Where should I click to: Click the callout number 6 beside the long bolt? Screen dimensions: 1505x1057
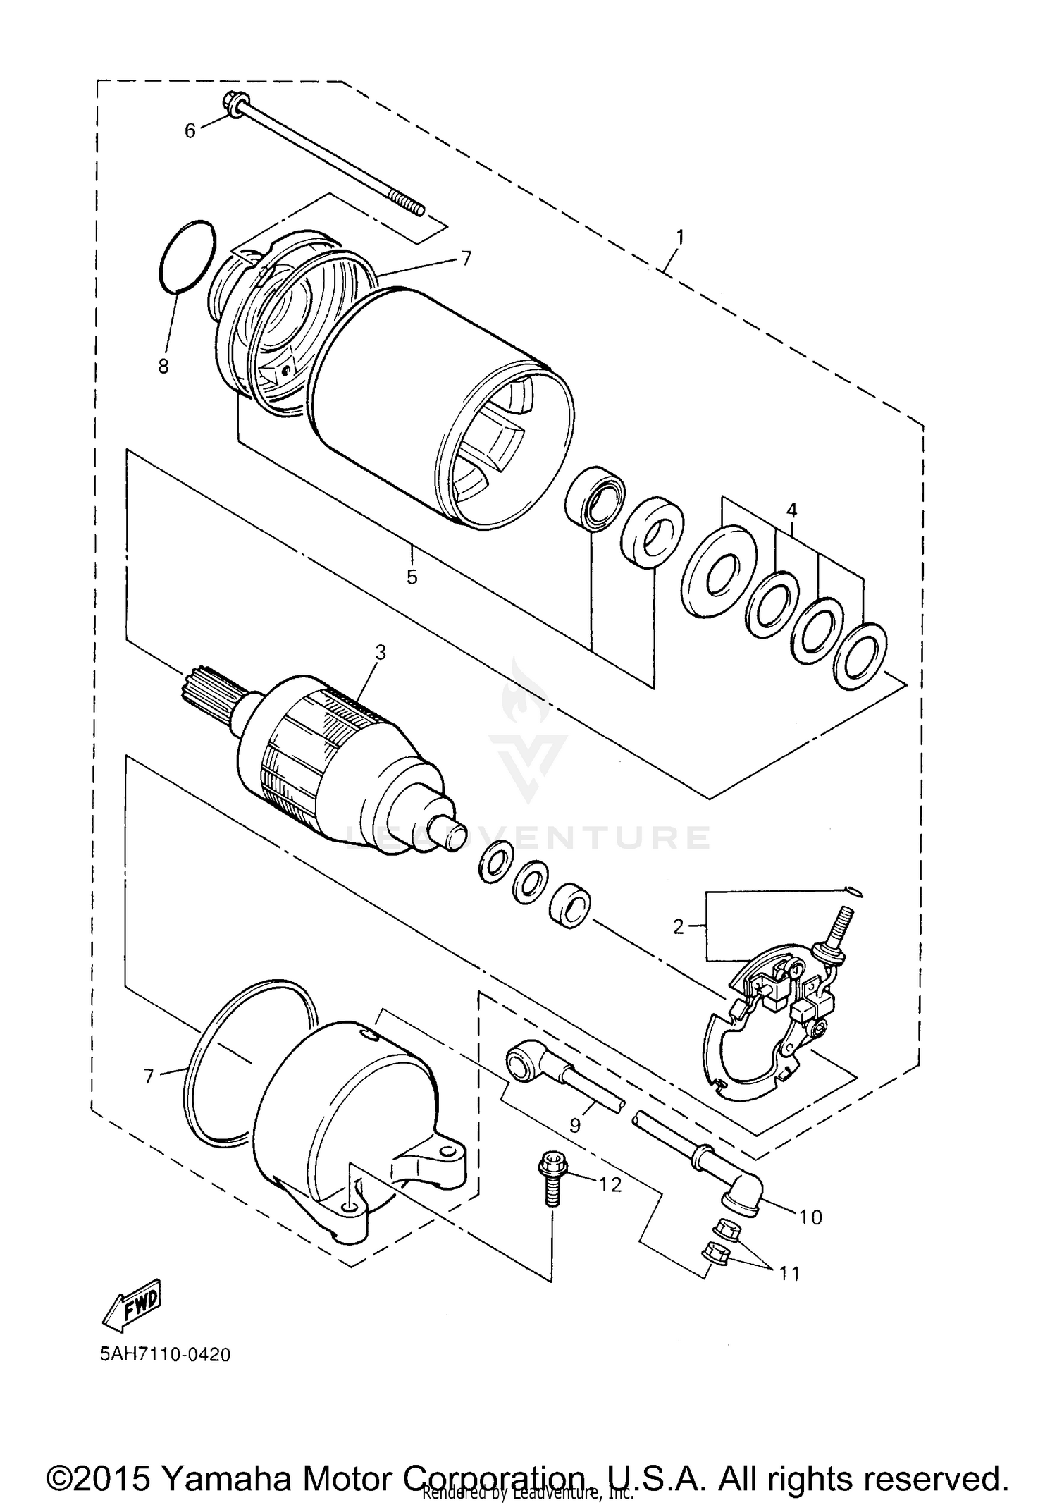[x=190, y=130]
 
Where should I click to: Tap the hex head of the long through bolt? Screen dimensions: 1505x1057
[x=232, y=103]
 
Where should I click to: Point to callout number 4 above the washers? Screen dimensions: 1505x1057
[x=791, y=510]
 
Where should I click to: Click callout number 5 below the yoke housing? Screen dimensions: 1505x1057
[x=412, y=577]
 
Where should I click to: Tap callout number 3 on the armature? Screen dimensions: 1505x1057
[x=381, y=653]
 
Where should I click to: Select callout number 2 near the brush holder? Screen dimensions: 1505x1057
[x=678, y=927]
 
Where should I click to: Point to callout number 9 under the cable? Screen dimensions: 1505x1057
[x=575, y=1126]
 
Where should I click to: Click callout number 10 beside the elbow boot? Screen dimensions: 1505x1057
[x=811, y=1217]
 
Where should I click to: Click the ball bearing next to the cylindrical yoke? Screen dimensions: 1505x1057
[x=596, y=496]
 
